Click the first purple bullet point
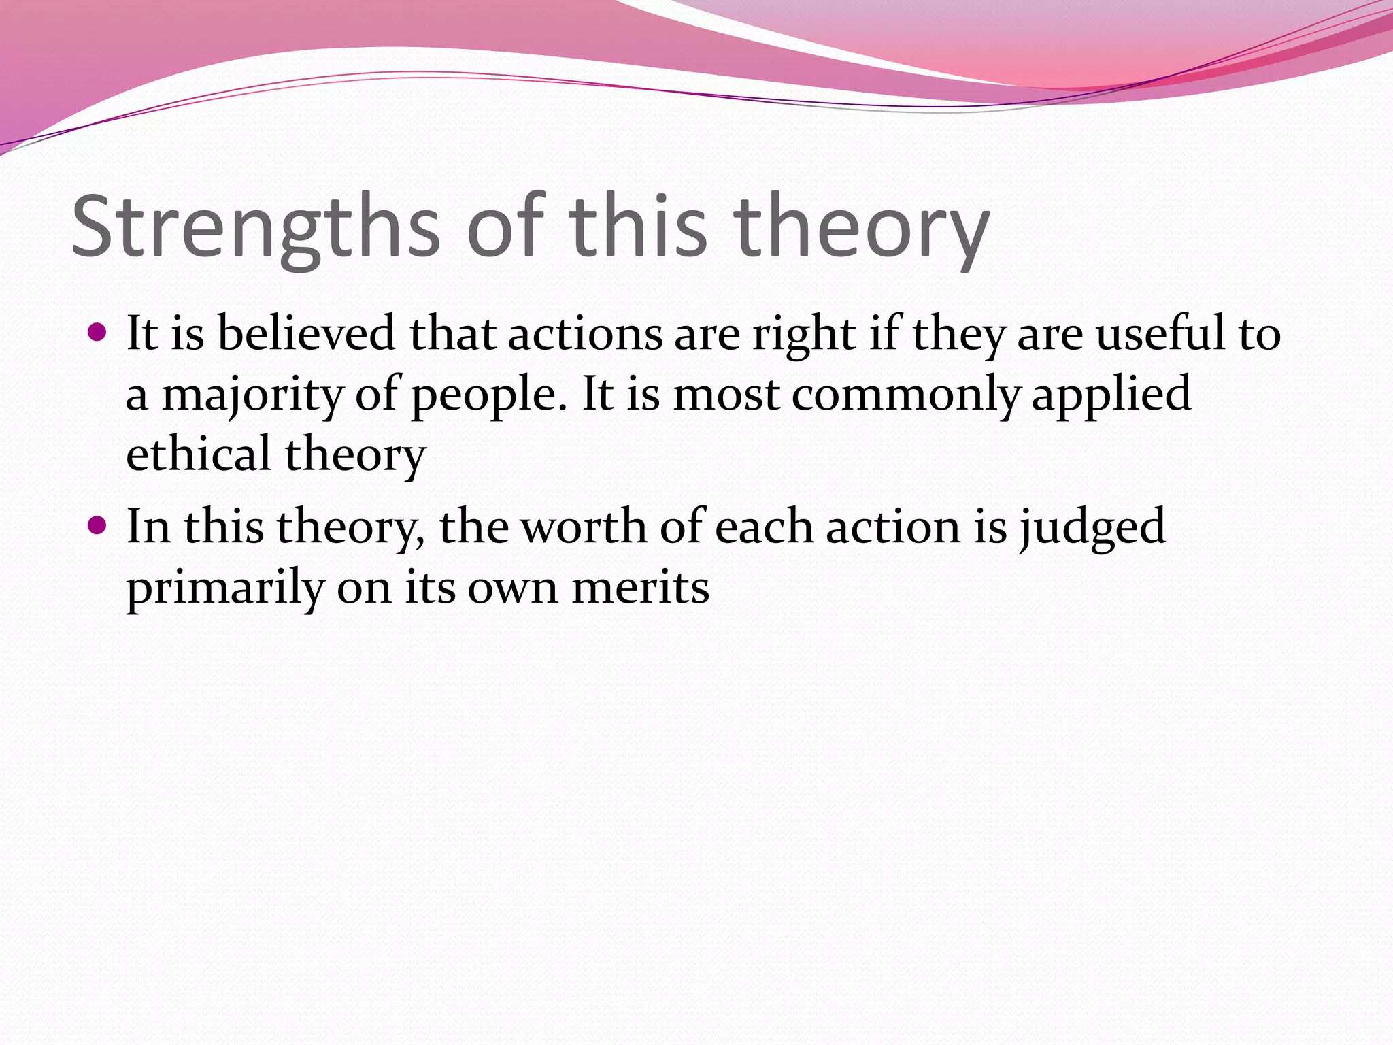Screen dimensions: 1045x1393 coord(98,333)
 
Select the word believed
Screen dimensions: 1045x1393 coord(306,333)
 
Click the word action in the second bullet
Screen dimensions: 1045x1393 coord(892,527)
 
